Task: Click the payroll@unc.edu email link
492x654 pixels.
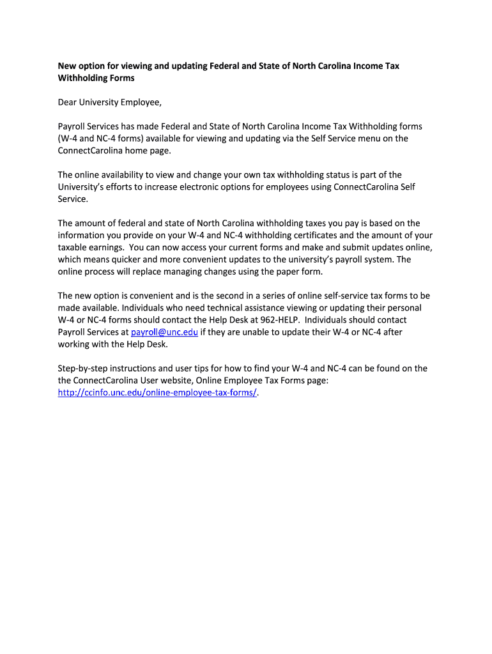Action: [x=164, y=332]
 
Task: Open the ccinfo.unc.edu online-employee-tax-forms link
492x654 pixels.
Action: [x=157, y=393]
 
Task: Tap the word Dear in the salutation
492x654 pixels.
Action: [x=69, y=102]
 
